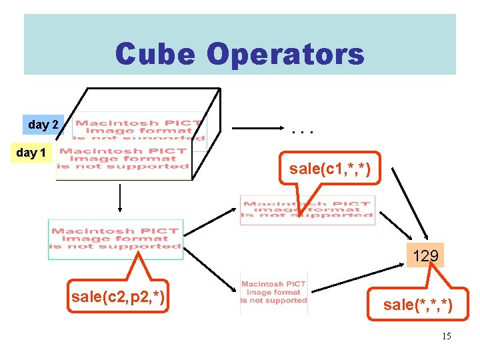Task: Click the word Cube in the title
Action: pos(155,54)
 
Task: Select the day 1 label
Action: pos(31,153)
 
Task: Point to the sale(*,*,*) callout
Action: pos(418,305)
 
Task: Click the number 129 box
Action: pos(425,255)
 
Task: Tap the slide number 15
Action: pos(446,336)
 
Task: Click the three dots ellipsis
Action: pos(303,131)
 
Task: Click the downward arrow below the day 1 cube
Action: pos(119,198)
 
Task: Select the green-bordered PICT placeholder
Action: pos(115,239)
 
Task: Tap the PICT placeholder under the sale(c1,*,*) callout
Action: pos(307,209)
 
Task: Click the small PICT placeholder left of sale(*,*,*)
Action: pos(273,292)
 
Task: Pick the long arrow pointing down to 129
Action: pos(407,203)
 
